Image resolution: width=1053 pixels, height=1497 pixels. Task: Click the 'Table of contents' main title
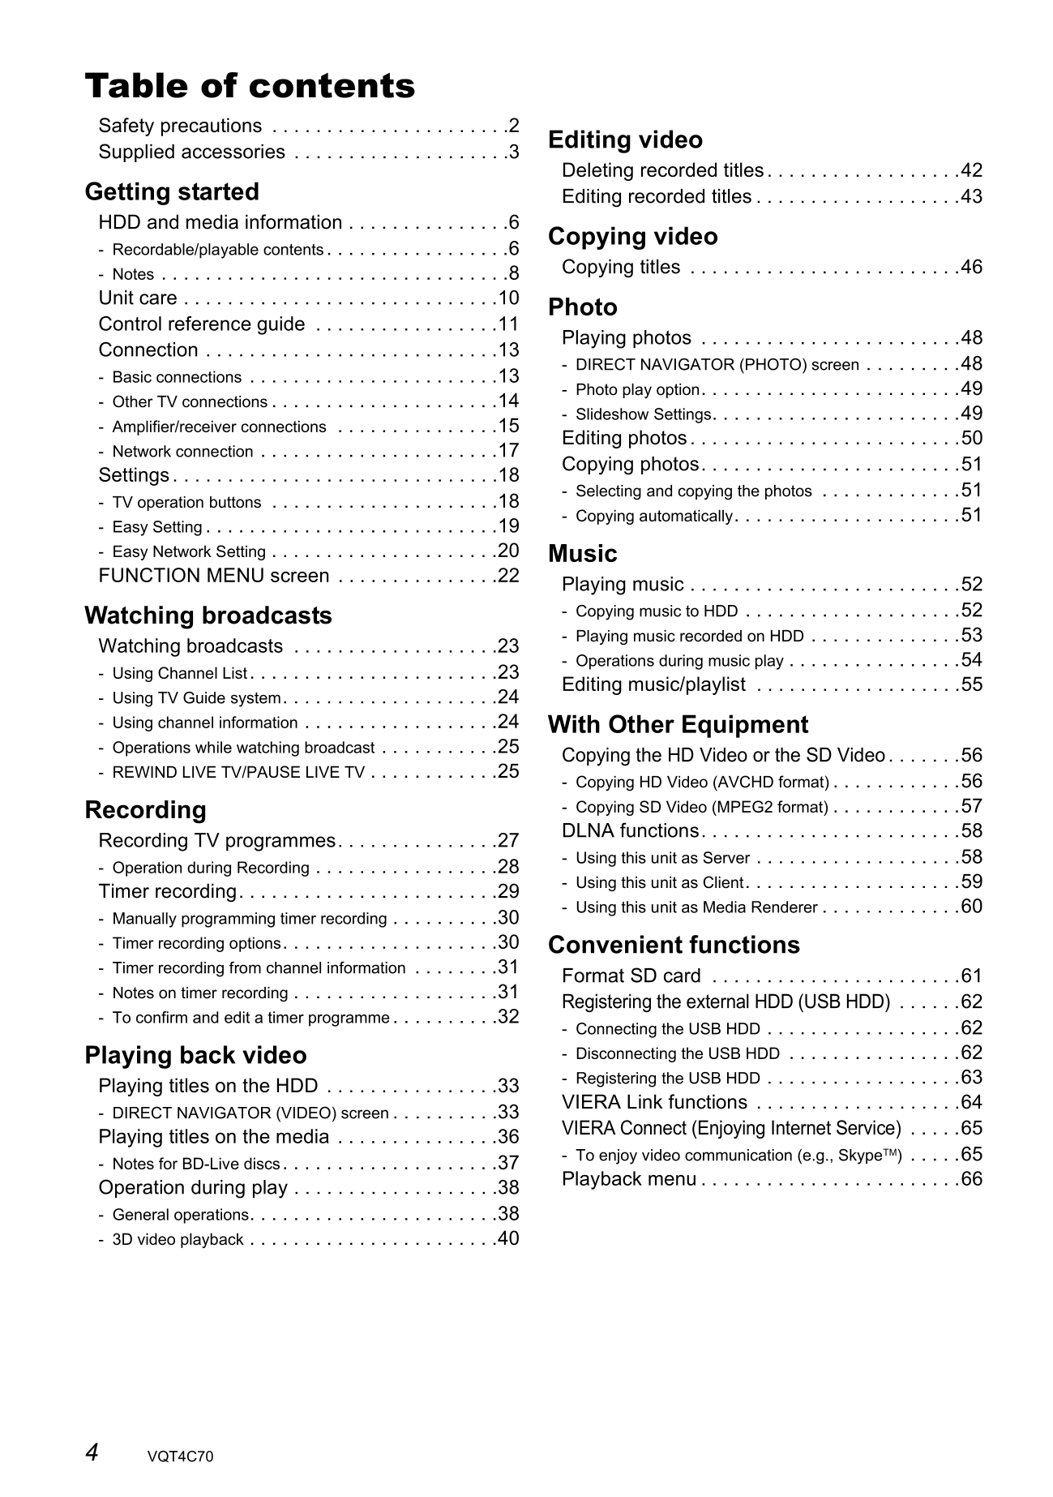click(x=250, y=86)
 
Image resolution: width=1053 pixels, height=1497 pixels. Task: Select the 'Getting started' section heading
click(x=172, y=192)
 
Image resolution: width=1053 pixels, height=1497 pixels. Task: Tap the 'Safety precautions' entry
click(x=180, y=127)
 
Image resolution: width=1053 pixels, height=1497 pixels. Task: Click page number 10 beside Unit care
click(x=508, y=298)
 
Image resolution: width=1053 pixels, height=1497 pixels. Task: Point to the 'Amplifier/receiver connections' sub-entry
click(x=219, y=427)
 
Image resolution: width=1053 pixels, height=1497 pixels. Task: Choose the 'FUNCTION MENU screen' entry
click(x=214, y=576)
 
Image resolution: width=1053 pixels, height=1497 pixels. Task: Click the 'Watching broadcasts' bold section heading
click(x=208, y=616)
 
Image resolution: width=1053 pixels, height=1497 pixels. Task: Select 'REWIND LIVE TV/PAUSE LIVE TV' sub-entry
click(x=238, y=773)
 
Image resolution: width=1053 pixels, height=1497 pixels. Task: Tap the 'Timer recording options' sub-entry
click(x=196, y=944)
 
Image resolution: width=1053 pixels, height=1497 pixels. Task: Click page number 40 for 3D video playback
click(x=508, y=1238)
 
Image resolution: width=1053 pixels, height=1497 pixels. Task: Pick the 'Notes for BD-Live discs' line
click(x=195, y=1165)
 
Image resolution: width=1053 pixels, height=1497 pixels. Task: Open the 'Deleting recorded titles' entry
click(x=662, y=171)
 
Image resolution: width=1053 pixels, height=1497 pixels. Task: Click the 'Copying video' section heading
click(x=632, y=237)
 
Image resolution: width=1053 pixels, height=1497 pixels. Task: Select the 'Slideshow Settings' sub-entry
click(x=643, y=415)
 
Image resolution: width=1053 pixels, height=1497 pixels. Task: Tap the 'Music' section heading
click(x=582, y=554)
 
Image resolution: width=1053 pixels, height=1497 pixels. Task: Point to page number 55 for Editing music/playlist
click(x=971, y=684)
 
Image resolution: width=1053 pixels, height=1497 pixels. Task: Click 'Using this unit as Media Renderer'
click(x=696, y=907)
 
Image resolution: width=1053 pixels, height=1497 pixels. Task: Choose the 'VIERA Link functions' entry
click(x=654, y=1103)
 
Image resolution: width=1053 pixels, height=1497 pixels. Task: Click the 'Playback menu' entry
click(x=628, y=1179)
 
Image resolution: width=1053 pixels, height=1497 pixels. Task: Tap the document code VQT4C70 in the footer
click(x=181, y=1456)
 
